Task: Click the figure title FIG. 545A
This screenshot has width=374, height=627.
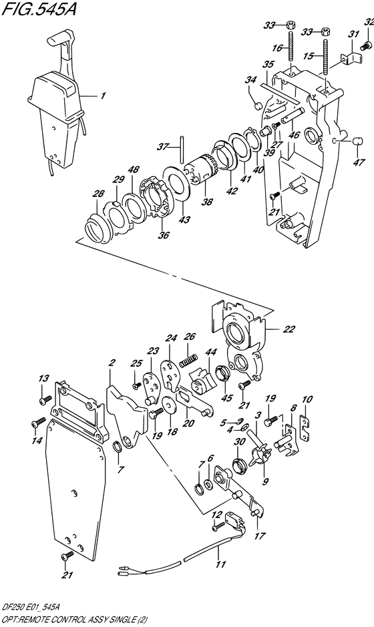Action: click(39, 9)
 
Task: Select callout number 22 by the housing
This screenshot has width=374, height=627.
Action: click(289, 329)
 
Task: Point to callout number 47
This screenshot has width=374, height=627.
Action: click(359, 162)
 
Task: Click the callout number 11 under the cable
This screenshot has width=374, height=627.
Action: click(220, 565)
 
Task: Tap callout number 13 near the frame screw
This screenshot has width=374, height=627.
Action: click(43, 379)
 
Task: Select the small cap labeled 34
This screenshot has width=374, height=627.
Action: click(258, 106)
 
